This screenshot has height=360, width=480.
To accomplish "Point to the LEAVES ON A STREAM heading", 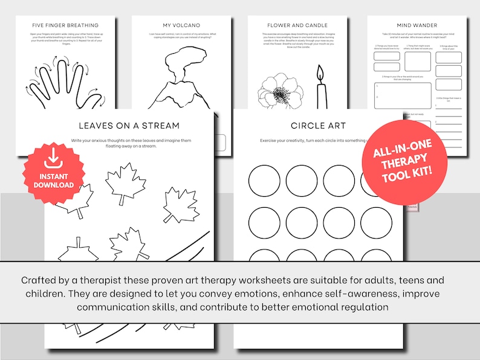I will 129,126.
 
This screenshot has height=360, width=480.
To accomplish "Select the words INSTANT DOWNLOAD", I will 53,180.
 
